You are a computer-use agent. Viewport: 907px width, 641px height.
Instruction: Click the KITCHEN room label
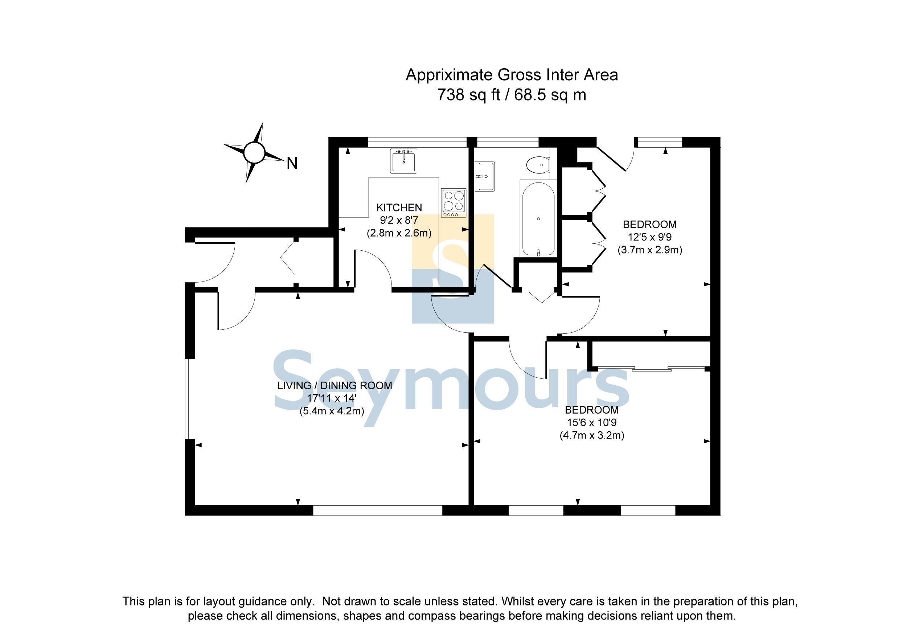click(x=399, y=208)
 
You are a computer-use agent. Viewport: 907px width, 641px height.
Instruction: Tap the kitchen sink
click(x=403, y=161)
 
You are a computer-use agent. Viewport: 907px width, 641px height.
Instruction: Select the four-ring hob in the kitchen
click(x=453, y=203)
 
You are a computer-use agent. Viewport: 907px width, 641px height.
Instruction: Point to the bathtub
click(x=538, y=218)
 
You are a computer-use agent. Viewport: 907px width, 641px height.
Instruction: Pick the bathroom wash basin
click(x=484, y=176)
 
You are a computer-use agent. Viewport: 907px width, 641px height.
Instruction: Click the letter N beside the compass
click(x=292, y=163)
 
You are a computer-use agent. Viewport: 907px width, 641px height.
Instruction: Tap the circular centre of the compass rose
click(x=254, y=152)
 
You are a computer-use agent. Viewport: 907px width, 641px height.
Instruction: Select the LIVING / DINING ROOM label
click(x=335, y=386)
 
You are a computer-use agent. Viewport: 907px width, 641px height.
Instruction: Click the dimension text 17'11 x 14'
click(x=332, y=398)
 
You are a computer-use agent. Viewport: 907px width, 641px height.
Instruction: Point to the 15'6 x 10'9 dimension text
click(x=592, y=423)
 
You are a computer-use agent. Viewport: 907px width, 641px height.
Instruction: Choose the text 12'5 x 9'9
click(x=650, y=237)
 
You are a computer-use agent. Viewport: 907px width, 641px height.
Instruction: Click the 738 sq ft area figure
click(x=468, y=95)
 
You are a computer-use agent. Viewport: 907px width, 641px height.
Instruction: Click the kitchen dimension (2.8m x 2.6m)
click(x=399, y=233)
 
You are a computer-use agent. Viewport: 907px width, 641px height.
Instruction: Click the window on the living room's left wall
click(x=190, y=399)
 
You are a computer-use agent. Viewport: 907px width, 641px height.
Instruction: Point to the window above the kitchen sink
click(x=417, y=142)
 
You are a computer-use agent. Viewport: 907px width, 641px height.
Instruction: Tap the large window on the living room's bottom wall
click(x=378, y=510)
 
